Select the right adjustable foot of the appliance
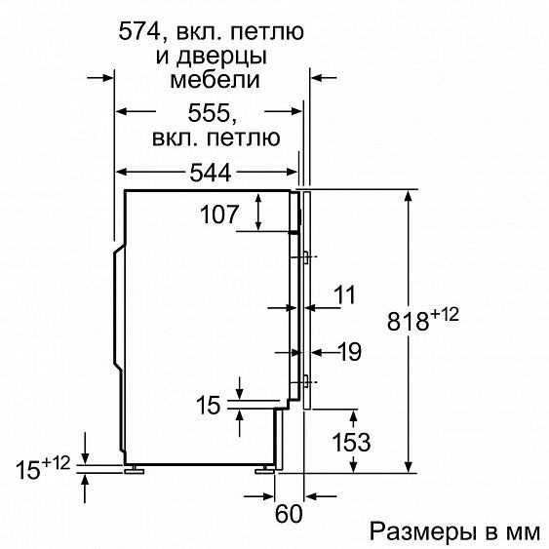(x=263, y=471)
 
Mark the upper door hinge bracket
(x=305, y=257)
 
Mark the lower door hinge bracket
(x=305, y=380)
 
